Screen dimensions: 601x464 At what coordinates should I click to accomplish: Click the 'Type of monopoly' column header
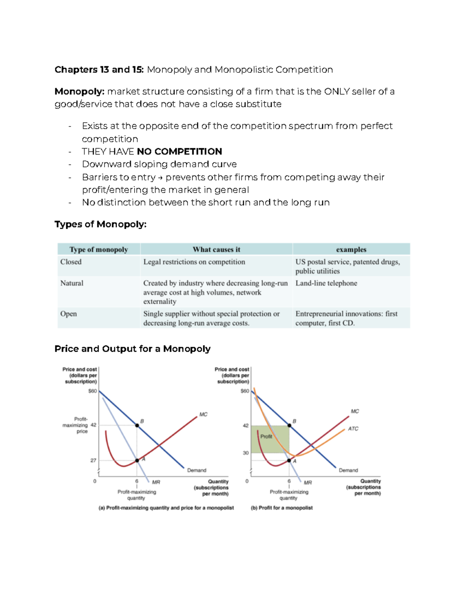99,250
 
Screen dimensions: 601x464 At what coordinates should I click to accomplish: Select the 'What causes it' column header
216,250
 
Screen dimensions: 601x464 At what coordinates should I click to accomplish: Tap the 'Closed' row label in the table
71,262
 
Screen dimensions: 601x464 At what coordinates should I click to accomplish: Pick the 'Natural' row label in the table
72,283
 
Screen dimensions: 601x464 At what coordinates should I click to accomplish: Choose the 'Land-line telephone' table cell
326,283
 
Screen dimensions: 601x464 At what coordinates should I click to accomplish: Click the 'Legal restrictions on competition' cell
194,262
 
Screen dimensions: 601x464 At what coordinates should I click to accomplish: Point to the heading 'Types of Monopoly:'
101,224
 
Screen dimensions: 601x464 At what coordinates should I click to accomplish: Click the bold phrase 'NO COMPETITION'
179,151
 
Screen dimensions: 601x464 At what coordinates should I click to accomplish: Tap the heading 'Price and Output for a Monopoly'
132,349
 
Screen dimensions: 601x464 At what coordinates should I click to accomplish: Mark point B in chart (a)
137,425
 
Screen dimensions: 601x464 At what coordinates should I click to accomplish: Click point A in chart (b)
289,461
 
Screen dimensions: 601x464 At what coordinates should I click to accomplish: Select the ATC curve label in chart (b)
353,429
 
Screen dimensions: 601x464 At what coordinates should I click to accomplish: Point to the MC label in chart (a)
203,414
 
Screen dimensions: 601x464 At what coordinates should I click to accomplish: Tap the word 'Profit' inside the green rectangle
266,437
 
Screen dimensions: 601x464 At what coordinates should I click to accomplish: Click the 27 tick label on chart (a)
93,461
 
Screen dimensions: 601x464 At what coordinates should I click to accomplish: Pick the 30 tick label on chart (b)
246,453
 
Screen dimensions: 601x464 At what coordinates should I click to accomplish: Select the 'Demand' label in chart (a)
196,471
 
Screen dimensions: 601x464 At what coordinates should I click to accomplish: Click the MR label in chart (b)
308,483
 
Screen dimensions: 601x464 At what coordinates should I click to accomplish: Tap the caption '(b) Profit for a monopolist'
281,508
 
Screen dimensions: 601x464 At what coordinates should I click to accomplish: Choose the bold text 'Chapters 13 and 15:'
99,70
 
